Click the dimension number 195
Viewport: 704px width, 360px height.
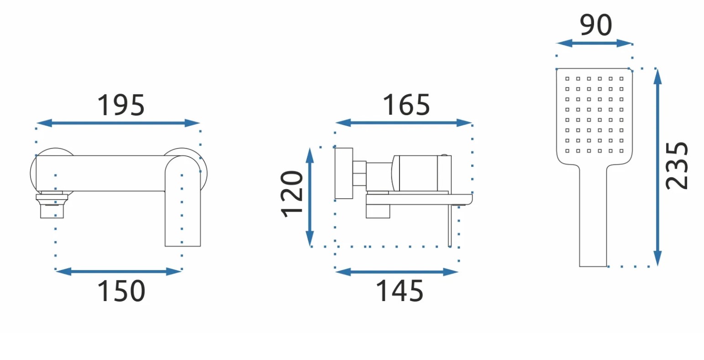click(121, 105)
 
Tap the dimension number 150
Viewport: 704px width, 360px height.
click(121, 291)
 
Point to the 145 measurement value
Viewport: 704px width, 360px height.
click(399, 291)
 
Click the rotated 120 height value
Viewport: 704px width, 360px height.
click(292, 194)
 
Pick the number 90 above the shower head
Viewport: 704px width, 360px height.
click(596, 25)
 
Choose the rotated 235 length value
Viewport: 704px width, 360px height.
click(677, 166)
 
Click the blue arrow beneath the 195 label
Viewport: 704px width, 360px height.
click(118, 123)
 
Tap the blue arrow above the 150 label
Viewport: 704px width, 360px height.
click(119, 272)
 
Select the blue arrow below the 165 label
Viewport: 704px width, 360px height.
click(404, 122)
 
